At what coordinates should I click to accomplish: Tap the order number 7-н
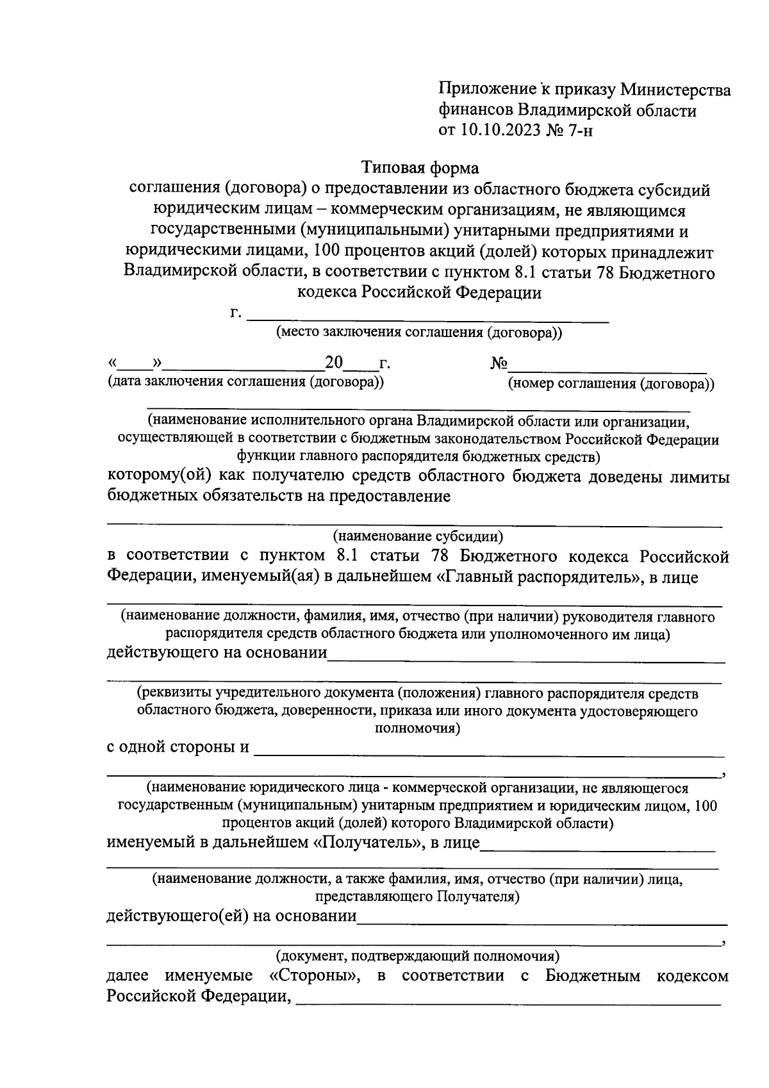click(584, 131)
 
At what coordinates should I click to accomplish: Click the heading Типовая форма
click(420, 168)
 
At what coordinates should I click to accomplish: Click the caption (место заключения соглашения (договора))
click(419, 333)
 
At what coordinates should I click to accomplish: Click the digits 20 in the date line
click(335, 363)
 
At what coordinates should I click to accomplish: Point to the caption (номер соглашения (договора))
click(611, 384)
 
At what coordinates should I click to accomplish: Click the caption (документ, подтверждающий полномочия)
click(418, 957)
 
